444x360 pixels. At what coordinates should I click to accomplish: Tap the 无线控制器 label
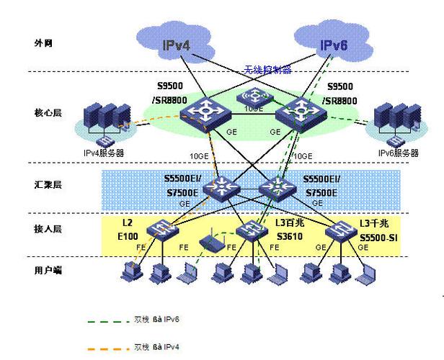[x=267, y=70]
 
